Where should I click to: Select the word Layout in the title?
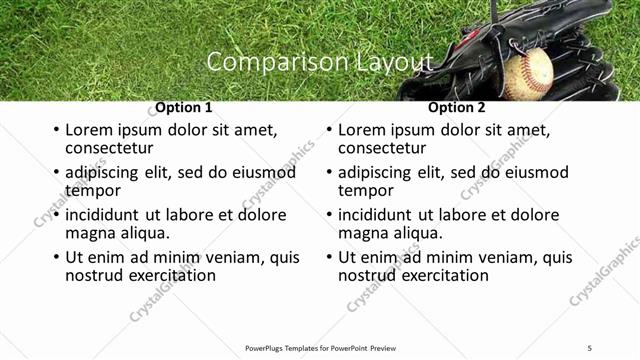tap(394, 62)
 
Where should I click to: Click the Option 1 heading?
tap(183, 107)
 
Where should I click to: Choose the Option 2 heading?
tap(456, 107)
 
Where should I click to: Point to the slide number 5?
tap(589, 348)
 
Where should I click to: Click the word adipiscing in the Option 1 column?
tap(108, 173)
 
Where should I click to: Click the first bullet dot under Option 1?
tap(56, 130)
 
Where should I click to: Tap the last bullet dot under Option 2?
tap(329, 257)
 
